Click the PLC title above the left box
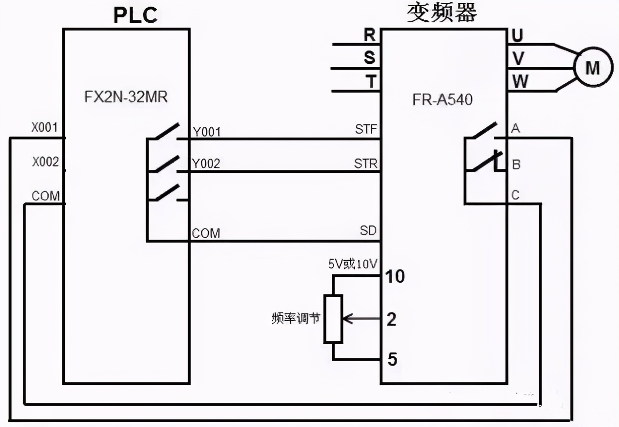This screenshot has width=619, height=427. coord(135,15)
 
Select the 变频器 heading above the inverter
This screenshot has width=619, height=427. coord(442,13)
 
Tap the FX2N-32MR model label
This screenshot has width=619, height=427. coord(126,97)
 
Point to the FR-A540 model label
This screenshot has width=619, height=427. coord(443,100)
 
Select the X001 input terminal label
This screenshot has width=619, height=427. coord(45,128)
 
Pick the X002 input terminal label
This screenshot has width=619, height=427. coord(45,162)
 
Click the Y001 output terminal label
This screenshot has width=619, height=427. coord(206,132)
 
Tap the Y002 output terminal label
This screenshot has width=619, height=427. coord(206,164)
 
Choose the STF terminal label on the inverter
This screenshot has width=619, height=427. coord(366,130)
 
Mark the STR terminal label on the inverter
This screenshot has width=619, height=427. coord(366,163)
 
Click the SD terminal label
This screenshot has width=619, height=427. coord(368,230)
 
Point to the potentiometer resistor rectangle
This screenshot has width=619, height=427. coord(333,319)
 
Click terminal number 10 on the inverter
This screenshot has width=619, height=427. coord(394,276)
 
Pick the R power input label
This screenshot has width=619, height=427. coord(369,35)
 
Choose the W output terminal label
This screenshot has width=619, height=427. coord(520,81)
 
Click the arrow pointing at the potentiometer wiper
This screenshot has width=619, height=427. coord(360,319)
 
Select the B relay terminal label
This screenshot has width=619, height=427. coord(516,165)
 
